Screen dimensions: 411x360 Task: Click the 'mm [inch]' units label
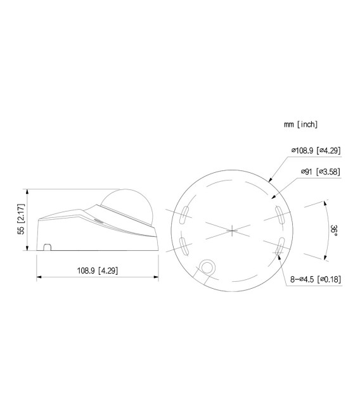pyautogui.click(x=300, y=125)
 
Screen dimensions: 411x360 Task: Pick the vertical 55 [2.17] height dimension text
pyautogui.click(x=21, y=220)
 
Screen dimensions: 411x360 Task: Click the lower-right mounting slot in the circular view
pyautogui.click(x=280, y=245)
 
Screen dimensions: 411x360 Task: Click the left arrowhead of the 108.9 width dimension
pyautogui.click(x=39, y=277)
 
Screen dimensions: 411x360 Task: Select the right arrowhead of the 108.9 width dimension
pyautogui.click(x=156, y=277)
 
